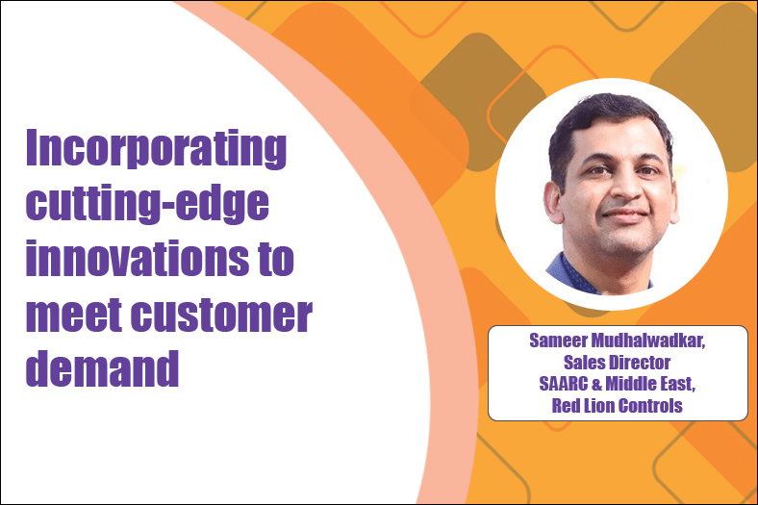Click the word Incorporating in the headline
point(156,148)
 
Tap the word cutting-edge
point(147,203)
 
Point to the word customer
point(222,315)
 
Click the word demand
point(103,367)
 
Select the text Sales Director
point(618,362)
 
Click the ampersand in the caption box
point(596,384)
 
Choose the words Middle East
point(650,384)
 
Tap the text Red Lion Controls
point(618,406)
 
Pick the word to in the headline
point(276,260)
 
